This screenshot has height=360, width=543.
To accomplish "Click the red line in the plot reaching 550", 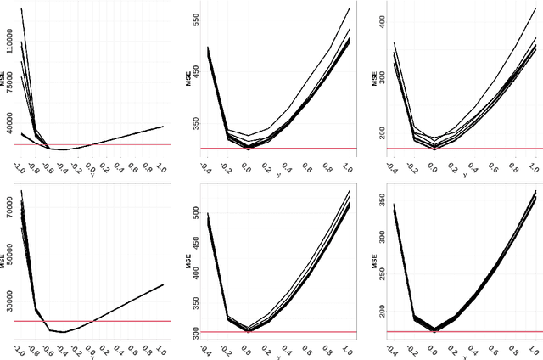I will pos(271,149).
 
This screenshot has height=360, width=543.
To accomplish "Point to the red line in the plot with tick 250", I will pos(458,332).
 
